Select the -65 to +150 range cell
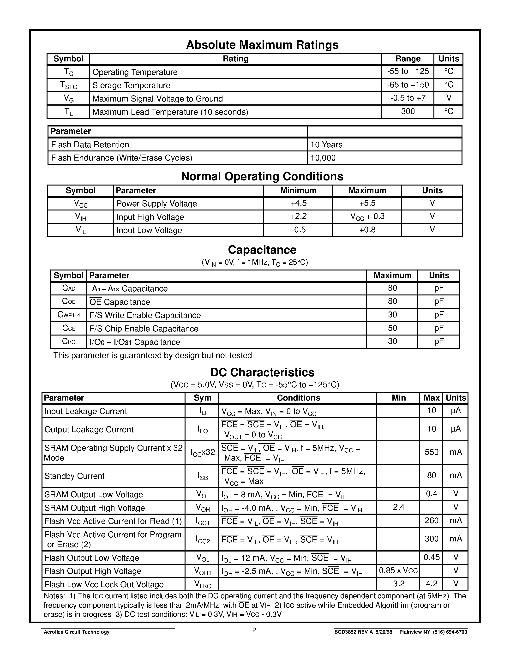tap(408, 85)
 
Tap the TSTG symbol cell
tap(69, 85)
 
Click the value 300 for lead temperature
tap(408, 112)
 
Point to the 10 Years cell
tap(326, 145)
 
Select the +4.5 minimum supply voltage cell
tap(298, 203)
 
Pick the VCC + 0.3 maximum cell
tap(367, 217)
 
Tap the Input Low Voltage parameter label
tap(149, 230)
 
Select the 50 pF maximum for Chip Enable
tap(392, 328)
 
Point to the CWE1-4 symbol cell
tap(69, 315)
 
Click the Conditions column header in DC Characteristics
tap(298, 398)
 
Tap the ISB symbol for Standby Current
tap(202, 476)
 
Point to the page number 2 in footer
tap(254, 630)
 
